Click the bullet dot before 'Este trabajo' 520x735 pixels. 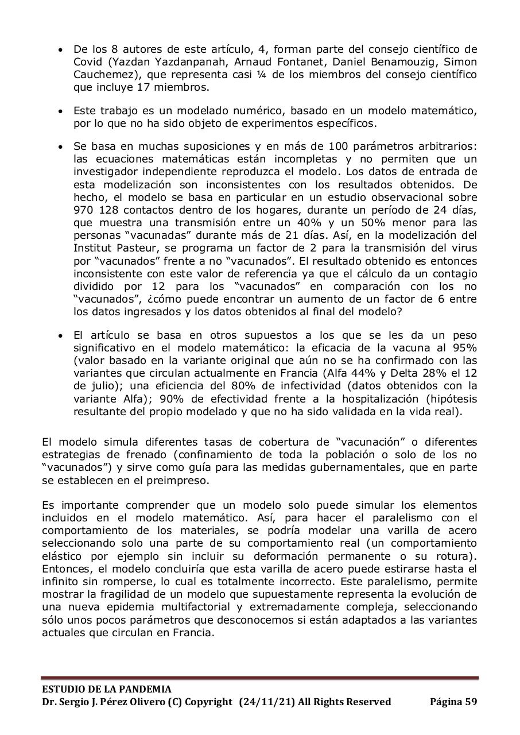tap(61, 111)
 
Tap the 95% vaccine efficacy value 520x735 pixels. tap(465, 348)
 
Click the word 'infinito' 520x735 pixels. tap(60, 581)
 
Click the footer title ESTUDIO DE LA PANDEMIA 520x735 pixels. tap(106, 689)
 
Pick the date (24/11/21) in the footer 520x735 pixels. tap(269, 702)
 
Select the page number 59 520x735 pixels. tap(470, 702)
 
